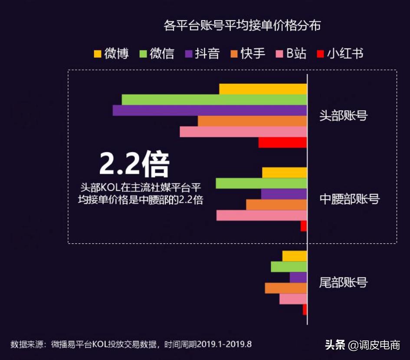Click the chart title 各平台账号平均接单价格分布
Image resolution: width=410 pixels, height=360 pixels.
[x=242, y=25]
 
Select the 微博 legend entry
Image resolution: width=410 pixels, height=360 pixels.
[x=112, y=54]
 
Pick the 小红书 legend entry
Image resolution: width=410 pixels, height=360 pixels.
[x=340, y=54]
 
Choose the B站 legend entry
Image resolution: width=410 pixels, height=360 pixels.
[x=291, y=54]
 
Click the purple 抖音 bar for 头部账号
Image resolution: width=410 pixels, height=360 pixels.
[x=210, y=110]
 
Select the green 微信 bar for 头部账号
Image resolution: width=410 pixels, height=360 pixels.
[x=214, y=100]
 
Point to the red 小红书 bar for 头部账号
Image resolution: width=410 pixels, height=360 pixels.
[x=282, y=142]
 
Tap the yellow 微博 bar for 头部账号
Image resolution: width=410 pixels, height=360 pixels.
[x=263, y=89]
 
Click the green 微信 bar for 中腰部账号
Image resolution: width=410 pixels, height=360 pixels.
[x=261, y=183]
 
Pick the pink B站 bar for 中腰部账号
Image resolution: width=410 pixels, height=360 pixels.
[x=262, y=215]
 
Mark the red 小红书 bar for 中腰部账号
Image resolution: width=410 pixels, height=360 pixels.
[x=304, y=226]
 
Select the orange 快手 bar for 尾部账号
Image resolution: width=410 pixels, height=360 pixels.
[x=286, y=288]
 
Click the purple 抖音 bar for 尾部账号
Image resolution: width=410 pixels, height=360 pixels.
[x=298, y=277]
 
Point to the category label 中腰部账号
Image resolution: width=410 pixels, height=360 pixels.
[x=349, y=199]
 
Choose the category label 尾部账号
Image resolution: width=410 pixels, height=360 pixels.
[x=343, y=283]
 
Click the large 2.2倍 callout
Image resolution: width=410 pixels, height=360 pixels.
[x=134, y=165]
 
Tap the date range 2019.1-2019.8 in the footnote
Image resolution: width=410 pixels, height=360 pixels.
[x=224, y=344]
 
